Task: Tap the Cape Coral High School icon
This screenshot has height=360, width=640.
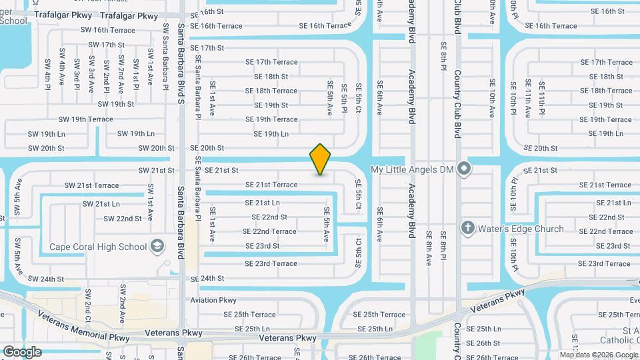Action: [x=157, y=247]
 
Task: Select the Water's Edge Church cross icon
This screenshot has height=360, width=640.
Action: [x=468, y=229]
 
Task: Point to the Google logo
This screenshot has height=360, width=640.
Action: [x=22, y=351]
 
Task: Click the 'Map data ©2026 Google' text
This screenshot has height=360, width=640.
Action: [x=599, y=355]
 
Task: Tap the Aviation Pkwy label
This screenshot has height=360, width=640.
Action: [x=214, y=300]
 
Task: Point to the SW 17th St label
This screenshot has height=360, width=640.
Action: [x=107, y=45]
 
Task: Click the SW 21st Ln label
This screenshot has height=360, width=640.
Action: [x=101, y=203]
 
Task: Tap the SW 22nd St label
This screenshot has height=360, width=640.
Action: [x=123, y=218]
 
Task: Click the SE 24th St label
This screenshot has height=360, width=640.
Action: [x=207, y=278]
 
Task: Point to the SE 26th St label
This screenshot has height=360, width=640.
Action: [x=483, y=343]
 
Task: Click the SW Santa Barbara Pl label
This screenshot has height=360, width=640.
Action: [x=165, y=53]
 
